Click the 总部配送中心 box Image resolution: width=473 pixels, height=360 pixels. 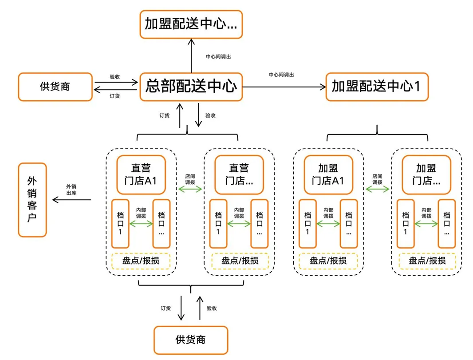pyautogui.click(x=191, y=87)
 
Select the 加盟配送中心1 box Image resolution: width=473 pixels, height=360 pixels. pyautogui.click(x=377, y=87)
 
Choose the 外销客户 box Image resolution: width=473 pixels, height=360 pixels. pyautogui.click(x=32, y=200)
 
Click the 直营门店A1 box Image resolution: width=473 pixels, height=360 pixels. pyautogui.click(x=141, y=175)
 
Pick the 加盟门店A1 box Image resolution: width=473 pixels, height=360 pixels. pyautogui.click(x=328, y=175)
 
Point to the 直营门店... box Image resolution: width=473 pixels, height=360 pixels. pyautogui.click(x=239, y=175)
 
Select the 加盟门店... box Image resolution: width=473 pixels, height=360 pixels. pyautogui.click(x=426, y=175)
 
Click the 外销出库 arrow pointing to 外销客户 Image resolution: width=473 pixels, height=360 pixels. pyautogui.click(x=71, y=200)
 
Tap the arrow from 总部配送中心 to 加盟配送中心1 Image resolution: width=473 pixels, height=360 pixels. pyautogui.click(x=284, y=87)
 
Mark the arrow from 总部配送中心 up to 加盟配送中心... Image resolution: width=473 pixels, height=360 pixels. pyautogui.click(x=191, y=55)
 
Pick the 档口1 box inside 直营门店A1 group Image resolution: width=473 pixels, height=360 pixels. pyautogui.click(x=120, y=223)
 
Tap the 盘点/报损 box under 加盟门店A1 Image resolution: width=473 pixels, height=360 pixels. pyautogui.click(x=328, y=261)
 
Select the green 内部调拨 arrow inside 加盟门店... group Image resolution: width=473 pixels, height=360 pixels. pyautogui.click(x=426, y=224)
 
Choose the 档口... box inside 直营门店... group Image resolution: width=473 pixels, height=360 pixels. pyautogui.click(x=259, y=223)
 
